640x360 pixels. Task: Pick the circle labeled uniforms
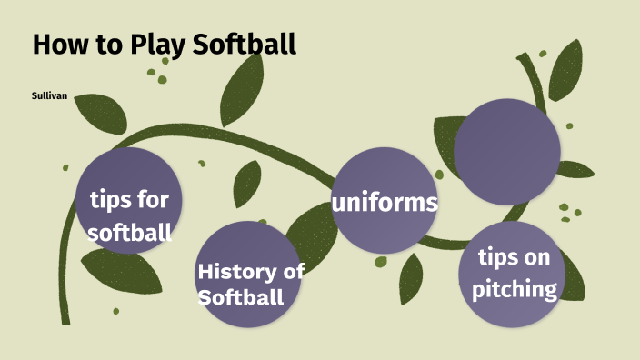point(385,200)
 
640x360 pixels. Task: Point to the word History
point(234,271)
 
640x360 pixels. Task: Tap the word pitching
point(520,290)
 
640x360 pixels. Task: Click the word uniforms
point(385,202)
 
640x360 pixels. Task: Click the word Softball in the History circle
point(240,296)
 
